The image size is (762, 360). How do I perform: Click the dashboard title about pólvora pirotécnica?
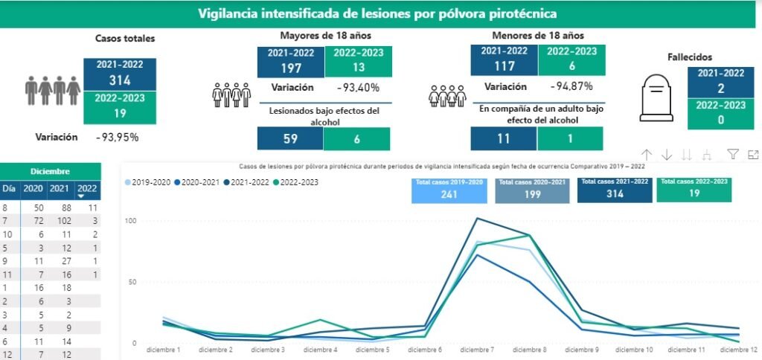click(377, 14)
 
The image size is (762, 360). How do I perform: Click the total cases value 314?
click(120, 80)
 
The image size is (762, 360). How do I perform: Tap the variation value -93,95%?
click(117, 137)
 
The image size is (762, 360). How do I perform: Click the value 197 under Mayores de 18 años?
click(291, 68)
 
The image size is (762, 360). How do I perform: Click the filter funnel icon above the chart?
click(733, 155)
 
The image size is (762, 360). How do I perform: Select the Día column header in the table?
click(7, 189)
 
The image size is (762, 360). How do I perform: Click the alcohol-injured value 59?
click(290, 139)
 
